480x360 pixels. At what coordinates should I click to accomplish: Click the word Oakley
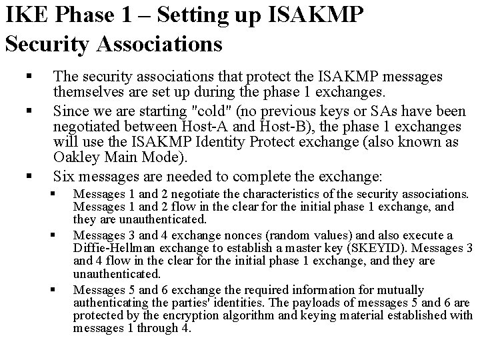[74, 158]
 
